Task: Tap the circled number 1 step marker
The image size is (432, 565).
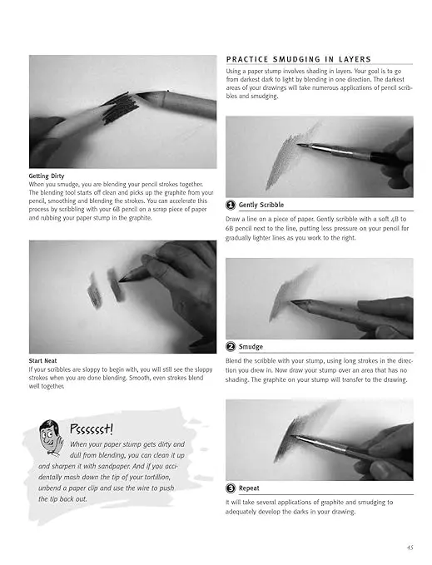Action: [x=231, y=205]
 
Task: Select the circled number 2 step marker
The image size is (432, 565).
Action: [x=231, y=347]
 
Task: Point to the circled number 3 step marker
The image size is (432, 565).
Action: [x=231, y=488]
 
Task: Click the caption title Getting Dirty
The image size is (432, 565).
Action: [x=47, y=176]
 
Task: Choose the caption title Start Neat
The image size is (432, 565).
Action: [x=43, y=360]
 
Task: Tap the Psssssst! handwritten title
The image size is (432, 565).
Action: [x=92, y=429]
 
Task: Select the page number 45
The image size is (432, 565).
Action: [x=410, y=548]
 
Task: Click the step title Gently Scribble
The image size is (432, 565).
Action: [x=261, y=205]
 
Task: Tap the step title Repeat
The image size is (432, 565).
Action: [x=249, y=488]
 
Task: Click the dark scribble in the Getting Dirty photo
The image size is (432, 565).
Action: [x=120, y=107]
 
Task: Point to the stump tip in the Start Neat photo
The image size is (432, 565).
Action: [x=120, y=279]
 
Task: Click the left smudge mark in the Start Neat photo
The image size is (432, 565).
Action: [x=94, y=290]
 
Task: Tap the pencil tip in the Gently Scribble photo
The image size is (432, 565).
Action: [x=298, y=145]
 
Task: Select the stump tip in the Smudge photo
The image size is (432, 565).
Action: [x=292, y=301]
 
